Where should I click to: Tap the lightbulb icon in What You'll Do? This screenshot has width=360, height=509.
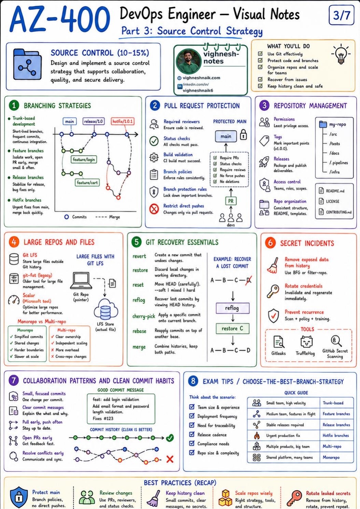tap(341, 54)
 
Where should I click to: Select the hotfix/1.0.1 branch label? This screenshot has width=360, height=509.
tap(123, 121)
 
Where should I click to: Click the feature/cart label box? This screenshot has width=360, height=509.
tap(87, 182)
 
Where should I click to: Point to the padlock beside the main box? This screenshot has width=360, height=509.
tap(244, 134)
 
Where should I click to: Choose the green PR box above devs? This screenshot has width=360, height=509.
tap(231, 201)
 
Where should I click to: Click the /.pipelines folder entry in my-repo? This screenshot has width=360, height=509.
tap(339, 163)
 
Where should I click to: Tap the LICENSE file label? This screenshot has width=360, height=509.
tap(332, 201)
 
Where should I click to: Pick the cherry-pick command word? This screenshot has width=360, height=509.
tap(144, 316)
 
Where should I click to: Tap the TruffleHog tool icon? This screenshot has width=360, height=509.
tap(306, 341)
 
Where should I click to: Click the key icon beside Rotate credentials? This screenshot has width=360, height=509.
tap(273, 292)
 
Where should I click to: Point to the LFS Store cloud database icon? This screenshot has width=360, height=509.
tap(106, 309)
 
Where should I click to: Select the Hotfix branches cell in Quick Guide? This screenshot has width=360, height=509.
tap(335, 436)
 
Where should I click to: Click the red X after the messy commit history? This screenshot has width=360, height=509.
tap(170, 459)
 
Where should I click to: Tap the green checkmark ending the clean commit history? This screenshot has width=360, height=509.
tap(170, 438)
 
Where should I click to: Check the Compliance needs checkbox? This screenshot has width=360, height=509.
tap(192, 443)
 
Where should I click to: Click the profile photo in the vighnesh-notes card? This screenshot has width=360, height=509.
tap(189, 61)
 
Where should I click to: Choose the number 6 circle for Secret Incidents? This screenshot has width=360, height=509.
tap(270, 243)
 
